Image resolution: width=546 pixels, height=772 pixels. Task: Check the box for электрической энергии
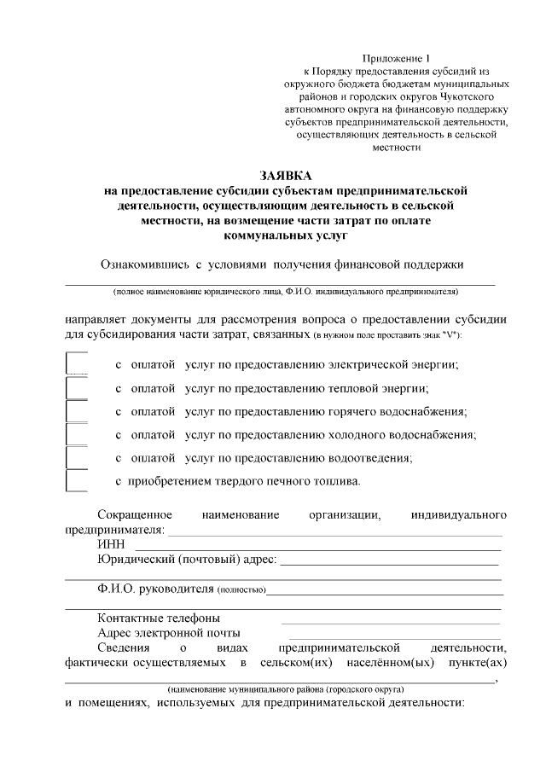click(x=77, y=364)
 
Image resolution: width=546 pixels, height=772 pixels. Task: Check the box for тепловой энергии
click(x=77, y=388)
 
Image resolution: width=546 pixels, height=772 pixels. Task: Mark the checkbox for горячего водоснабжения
click(x=77, y=411)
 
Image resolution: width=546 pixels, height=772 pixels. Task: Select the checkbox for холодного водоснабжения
click(x=77, y=434)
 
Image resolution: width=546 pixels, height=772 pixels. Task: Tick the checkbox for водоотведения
click(x=77, y=457)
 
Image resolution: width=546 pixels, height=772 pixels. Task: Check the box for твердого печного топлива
click(x=77, y=480)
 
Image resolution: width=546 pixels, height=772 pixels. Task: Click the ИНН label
click(x=112, y=544)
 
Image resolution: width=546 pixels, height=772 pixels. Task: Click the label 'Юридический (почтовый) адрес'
click(x=187, y=560)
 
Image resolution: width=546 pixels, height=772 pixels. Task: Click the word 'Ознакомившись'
click(x=140, y=264)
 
